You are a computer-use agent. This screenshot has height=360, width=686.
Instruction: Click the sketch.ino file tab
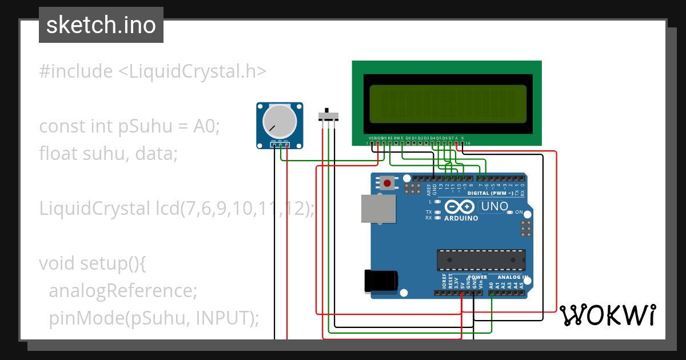[101, 25]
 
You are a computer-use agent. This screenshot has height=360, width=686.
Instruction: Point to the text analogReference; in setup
[123, 291]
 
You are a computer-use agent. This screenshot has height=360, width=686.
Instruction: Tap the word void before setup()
[57, 263]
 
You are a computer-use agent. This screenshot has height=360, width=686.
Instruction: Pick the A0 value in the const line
[206, 126]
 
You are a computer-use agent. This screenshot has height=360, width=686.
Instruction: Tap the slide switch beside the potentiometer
[328, 116]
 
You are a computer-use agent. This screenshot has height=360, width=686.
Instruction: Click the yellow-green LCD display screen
[448, 103]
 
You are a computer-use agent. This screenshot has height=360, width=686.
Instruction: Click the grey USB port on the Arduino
[378, 209]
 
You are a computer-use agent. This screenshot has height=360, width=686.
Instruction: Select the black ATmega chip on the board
[481, 259]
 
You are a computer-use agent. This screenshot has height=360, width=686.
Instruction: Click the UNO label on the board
[493, 206]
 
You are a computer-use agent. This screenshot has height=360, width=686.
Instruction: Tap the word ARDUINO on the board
[461, 218]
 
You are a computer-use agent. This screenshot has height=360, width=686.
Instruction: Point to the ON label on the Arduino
[519, 212]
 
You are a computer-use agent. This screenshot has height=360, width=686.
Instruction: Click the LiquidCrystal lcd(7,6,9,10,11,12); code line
[177, 209]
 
